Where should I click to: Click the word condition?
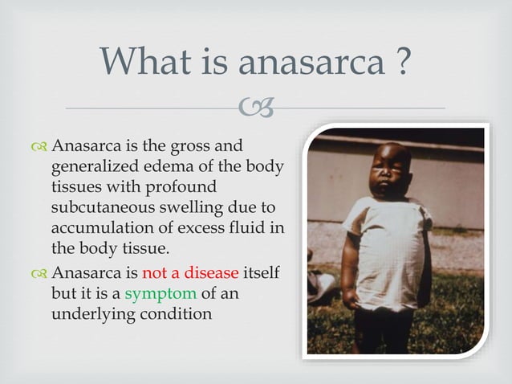click(181, 313)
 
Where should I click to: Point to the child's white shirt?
click(385, 249)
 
